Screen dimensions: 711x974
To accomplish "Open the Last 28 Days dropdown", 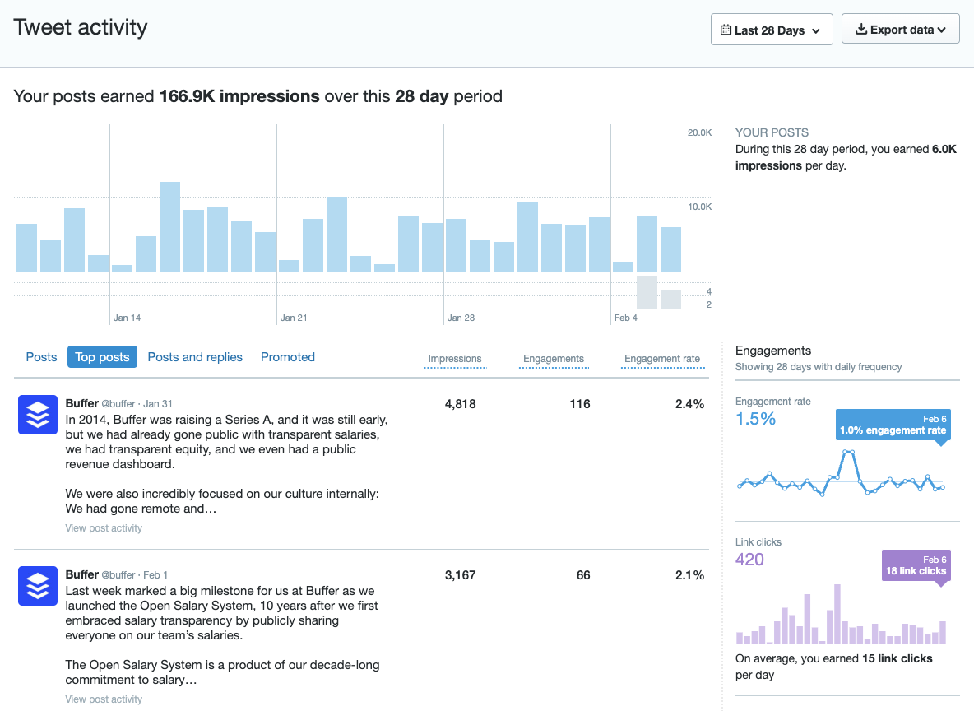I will [x=771, y=30].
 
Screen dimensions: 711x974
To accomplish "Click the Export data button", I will [x=900, y=30].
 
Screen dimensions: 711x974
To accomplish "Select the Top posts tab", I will [x=102, y=357].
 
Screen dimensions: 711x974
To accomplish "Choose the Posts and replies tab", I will [x=195, y=357].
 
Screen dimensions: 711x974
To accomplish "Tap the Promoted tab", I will [x=288, y=357].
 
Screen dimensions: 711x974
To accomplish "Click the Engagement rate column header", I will [x=662, y=359].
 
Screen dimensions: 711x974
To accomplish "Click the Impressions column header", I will [x=455, y=359].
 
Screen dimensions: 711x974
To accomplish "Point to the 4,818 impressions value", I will [x=461, y=404].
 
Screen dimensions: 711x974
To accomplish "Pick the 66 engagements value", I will [x=583, y=575].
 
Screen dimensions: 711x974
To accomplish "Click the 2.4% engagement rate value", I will [x=689, y=404].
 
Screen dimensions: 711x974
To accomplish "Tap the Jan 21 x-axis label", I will [x=294, y=318].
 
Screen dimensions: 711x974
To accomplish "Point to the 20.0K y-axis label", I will [x=699, y=132].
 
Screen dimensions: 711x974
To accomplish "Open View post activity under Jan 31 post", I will [x=104, y=528].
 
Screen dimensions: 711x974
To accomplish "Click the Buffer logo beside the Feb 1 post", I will [x=37, y=586].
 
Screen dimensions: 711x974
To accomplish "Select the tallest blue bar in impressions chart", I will [x=169, y=227].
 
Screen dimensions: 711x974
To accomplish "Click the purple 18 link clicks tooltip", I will [x=916, y=565].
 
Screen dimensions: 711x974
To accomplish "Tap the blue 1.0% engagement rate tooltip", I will [x=893, y=425].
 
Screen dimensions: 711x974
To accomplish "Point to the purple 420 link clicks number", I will [x=749, y=560].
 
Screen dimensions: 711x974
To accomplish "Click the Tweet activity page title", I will [x=81, y=27].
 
